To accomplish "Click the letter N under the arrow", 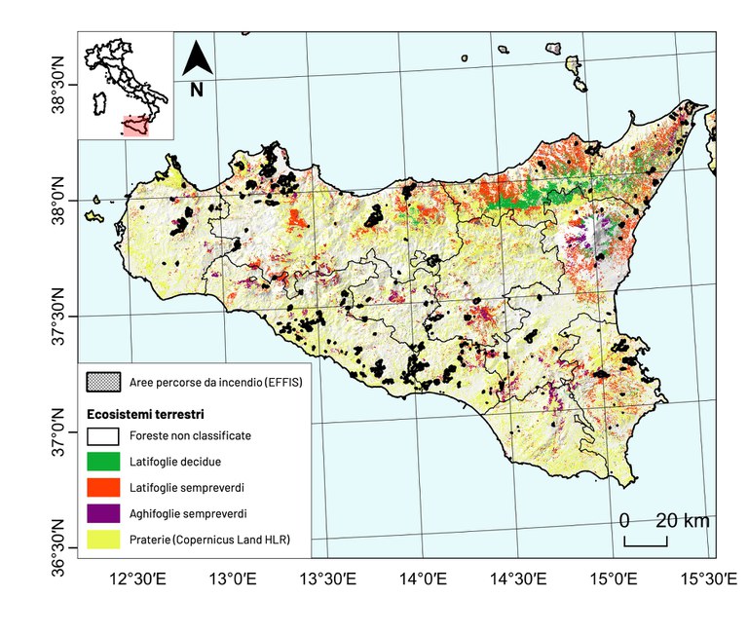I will pos(197,90).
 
